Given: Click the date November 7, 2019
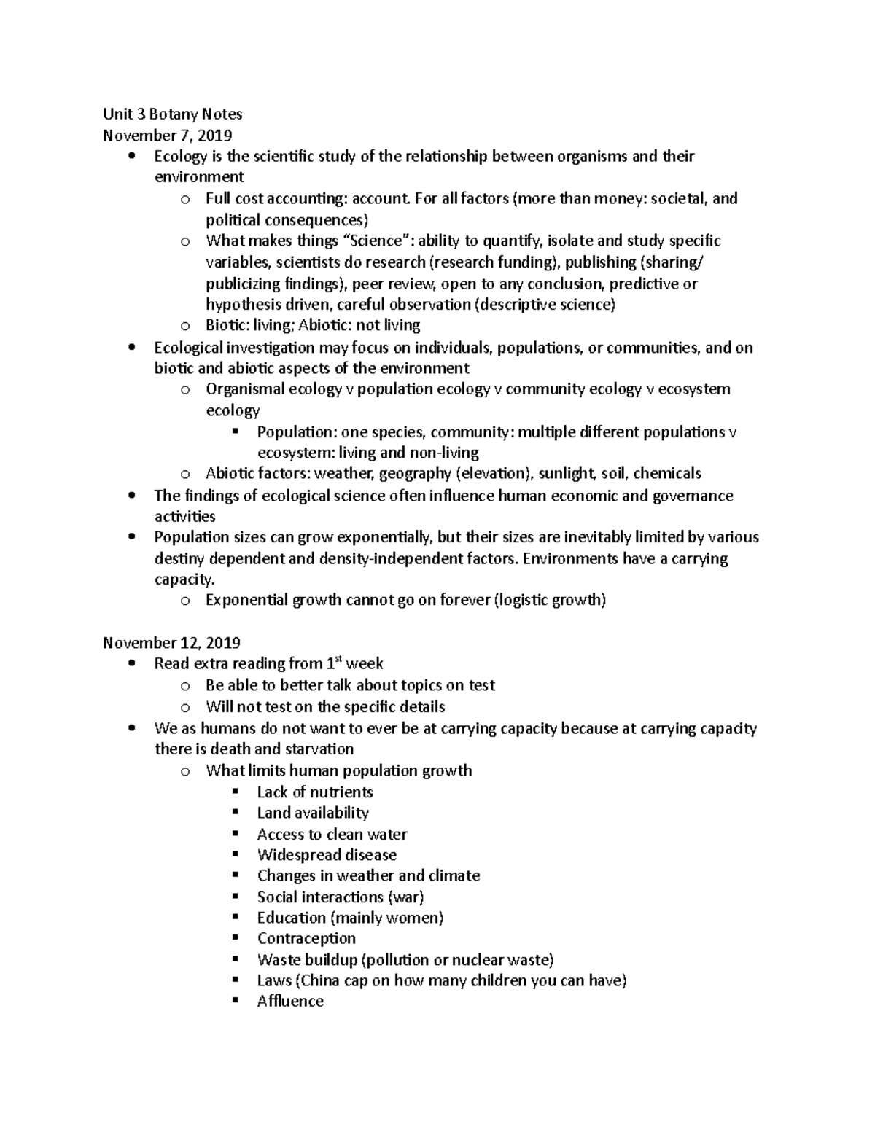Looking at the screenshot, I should (x=168, y=136).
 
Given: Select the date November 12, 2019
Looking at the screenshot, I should (x=171, y=643).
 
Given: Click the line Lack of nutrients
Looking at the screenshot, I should (x=314, y=792).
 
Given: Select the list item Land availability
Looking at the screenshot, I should (x=313, y=813).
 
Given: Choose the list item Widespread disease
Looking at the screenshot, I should (x=327, y=855).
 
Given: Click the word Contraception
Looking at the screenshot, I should (x=306, y=939).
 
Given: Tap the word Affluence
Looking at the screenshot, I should (x=290, y=1002).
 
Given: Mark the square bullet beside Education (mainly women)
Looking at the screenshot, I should (x=235, y=917).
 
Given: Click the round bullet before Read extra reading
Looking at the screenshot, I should (x=131, y=664).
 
